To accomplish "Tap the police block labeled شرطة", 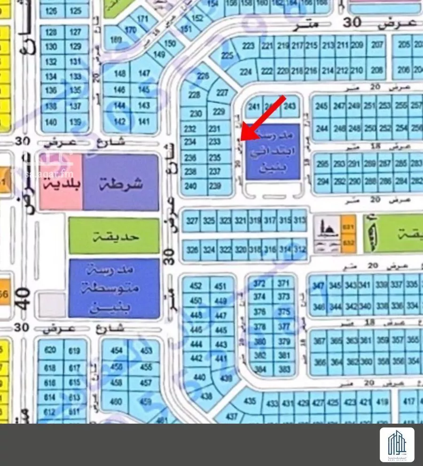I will [x=121, y=183].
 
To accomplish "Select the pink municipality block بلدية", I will [x=61, y=183].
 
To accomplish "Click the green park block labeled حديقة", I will [x=114, y=235].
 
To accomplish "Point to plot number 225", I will [x=227, y=56].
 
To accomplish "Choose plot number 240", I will [x=190, y=186].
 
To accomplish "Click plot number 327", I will [x=192, y=221].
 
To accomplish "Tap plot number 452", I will [x=195, y=286].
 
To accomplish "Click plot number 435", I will [x=250, y=401].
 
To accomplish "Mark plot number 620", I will [x=50, y=350].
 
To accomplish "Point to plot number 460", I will [x=116, y=402].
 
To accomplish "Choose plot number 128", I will [x=51, y=32].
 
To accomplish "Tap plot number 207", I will [x=377, y=46].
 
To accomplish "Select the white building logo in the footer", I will [x=397, y=445].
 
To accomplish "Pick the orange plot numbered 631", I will [x=348, y=227].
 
